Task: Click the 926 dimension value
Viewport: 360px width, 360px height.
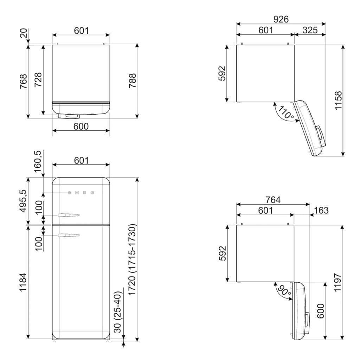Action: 281,19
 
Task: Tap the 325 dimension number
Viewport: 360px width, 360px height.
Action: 310,30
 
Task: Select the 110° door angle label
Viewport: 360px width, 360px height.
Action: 285,112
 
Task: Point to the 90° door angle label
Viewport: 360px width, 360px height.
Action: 284,290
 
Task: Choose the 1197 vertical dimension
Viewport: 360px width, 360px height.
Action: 338,282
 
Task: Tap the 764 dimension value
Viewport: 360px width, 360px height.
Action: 273,200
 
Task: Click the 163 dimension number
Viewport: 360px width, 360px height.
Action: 321,210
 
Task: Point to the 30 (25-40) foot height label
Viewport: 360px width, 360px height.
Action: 117,312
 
